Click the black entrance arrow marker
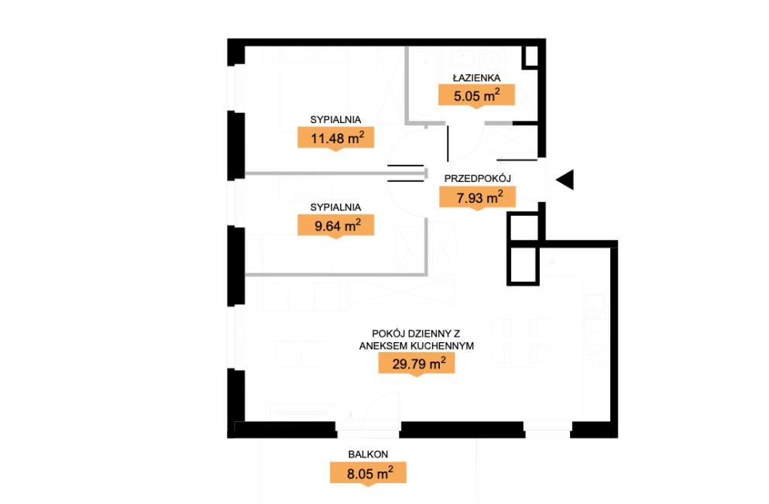[566, 180]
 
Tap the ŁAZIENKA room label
[476, 78]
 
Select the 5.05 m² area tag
[476, 95]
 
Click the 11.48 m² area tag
[336, 138]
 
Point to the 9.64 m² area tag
[336, 225]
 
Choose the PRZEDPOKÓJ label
[478, 179]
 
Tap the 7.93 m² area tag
[478, 197]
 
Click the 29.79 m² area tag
[417, 364]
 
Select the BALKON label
[368, 454]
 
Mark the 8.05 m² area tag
[368, 474]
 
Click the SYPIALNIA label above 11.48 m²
[335, 120]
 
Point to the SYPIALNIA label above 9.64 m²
[335, 207]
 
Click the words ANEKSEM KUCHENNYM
[417, 345]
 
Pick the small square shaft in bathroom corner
[530, 57]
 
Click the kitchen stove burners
[596, 358]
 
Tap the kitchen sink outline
[595, 306]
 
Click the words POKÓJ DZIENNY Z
[416, 334]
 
